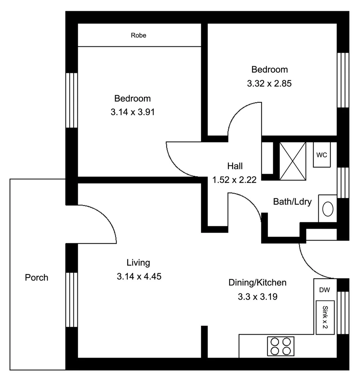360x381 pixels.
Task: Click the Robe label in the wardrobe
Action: (138, 35)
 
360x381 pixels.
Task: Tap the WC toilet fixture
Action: (322, 155)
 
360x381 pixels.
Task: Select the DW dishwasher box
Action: (324, 290)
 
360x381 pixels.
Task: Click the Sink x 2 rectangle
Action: (325, 317)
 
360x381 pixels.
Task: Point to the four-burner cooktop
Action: (281, 346)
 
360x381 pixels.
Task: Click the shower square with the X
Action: (292, 161)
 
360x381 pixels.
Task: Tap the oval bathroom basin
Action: (328, 209)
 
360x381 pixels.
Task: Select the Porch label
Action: (36, 278)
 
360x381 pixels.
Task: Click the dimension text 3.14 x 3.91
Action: (133, 112)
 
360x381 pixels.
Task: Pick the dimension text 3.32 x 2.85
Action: (269, 84)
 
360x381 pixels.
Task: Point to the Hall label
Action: (235, 166)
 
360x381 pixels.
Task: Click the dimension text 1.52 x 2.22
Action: (234, 180)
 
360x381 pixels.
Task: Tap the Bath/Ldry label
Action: (292, 202)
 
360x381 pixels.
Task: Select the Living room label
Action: (138, 262)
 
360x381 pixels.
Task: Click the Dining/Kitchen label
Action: (257, 283)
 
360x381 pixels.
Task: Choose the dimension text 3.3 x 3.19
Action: (257, 297)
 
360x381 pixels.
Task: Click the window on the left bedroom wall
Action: (72, 100)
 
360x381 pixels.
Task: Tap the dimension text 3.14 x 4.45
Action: (139, 277)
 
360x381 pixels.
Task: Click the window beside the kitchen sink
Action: (343, 313)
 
